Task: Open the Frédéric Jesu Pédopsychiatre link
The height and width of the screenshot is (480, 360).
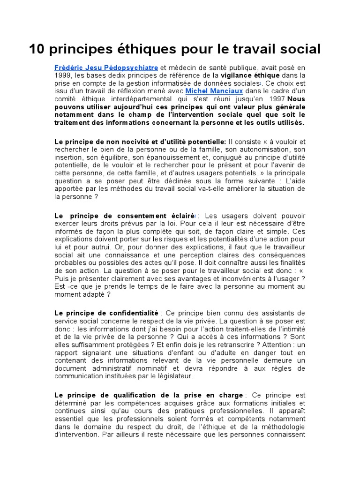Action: (106, 67)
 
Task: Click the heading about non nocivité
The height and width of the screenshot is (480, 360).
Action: (140, 141)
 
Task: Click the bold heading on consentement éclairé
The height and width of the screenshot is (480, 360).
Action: (124, 216)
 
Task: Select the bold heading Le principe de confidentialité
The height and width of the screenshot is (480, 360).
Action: (106, 313)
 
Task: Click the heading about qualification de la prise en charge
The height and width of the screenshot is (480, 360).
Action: (149, 395)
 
